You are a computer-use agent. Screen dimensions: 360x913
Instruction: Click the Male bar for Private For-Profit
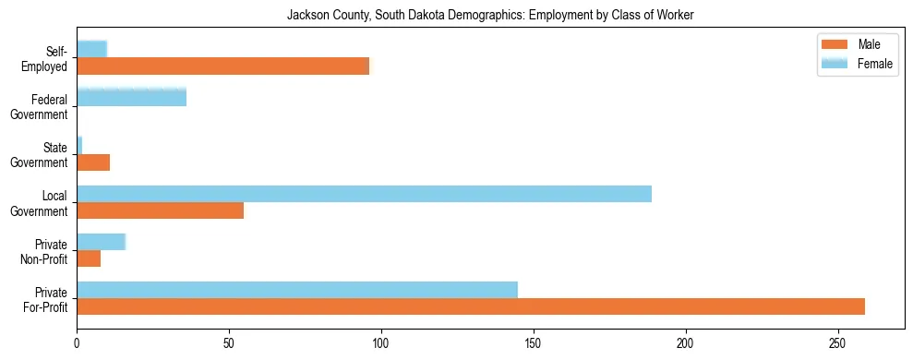471,306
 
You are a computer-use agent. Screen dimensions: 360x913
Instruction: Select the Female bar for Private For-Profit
297,290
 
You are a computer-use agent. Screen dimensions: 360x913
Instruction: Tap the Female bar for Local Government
364,194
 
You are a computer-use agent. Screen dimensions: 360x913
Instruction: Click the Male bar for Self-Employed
222,66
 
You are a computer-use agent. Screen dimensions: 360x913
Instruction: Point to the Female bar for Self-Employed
91,49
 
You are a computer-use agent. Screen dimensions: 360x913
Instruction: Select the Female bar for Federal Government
131,97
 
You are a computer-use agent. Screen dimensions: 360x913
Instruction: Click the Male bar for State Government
93,162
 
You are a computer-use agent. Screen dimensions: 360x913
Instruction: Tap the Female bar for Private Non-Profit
101,242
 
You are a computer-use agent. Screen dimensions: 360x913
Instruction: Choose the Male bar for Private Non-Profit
89,258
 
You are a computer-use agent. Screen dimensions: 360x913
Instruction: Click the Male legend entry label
870,44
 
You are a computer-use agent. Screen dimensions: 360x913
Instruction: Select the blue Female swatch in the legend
835,63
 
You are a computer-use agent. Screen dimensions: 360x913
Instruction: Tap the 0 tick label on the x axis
77,342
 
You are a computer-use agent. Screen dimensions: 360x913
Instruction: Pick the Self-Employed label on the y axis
45,58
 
